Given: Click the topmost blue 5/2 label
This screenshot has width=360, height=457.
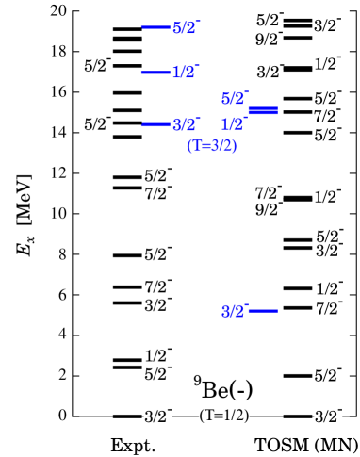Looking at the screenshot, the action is (x=185, y=28).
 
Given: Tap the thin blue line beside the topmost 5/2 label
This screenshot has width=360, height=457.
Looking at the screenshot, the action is (x=155, y=27).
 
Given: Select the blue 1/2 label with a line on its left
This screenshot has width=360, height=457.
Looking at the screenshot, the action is (x=185, y=73).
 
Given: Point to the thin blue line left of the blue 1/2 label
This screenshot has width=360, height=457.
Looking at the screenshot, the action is (x=155, y=73).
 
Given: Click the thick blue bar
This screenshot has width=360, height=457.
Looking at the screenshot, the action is (x=263, y=111).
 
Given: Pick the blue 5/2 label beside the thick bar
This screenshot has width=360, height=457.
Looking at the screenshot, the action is (x=234, y=99).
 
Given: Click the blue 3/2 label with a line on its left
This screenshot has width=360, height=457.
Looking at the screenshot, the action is (x=186, y=125).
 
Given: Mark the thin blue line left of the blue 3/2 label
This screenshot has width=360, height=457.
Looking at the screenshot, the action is (x=155, y=124).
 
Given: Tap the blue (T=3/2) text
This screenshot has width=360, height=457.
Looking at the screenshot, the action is (x=212, y=146).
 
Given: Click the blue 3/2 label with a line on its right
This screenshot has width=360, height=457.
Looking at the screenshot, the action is (x=234, y=312).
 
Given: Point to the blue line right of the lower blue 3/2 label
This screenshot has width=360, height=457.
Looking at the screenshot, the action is (x=263, y=311).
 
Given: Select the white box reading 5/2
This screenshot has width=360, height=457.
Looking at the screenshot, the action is (x=157, y=375).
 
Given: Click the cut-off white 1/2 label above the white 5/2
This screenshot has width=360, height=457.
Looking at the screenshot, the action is (x=156, y=357).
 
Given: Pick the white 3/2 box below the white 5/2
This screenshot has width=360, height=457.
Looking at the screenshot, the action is (x=157, y=416).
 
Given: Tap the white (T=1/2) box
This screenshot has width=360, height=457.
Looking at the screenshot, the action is (x=223, y=416).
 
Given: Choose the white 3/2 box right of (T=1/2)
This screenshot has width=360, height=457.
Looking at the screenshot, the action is (x=327, y=416).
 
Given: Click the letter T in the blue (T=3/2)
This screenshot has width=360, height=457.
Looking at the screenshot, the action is (x=198, y=146).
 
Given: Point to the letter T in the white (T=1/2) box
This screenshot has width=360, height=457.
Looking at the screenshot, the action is (x=209, y=416).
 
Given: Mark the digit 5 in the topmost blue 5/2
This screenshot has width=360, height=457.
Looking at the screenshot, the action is (x=177, y=28).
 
